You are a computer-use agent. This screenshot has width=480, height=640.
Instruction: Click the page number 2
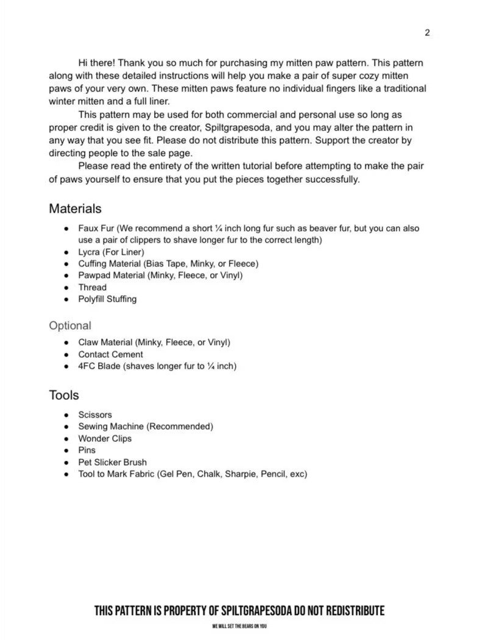(427, 33)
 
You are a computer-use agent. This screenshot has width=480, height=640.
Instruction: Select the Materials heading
(75, 208)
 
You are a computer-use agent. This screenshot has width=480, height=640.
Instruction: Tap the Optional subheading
(70, 325)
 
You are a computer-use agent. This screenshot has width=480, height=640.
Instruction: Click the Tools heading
(64, 396)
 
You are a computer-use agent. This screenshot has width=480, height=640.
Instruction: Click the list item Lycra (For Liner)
(111, 252)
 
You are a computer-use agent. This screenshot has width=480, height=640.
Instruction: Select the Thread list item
(92, 287)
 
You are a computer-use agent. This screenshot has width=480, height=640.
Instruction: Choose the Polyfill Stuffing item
(107, 299)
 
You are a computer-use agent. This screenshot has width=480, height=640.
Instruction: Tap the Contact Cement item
(110, 354)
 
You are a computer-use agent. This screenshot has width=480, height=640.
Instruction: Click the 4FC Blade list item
(157, 366)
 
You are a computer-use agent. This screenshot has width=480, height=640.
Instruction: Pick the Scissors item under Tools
(95, 414)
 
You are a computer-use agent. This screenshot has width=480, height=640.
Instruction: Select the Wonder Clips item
(105, 438)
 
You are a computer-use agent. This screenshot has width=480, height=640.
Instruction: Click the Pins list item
(86, 450)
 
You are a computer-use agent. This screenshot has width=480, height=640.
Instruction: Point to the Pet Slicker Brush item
(112, 462)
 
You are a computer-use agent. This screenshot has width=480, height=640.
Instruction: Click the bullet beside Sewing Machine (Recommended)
(65, 427)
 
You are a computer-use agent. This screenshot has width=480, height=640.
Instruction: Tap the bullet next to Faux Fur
(65, 229)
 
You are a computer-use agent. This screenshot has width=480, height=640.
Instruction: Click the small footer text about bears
(239, 627)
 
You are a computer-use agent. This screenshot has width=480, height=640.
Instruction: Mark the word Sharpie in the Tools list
(239, 474)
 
